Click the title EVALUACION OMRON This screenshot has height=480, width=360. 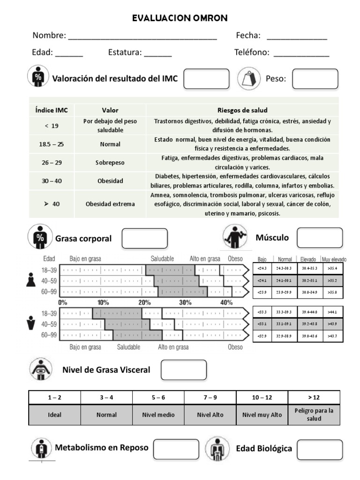(x=180, y=18)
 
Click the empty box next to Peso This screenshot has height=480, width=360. (x=315, y=79)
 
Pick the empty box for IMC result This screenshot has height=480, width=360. (x=206, y=79)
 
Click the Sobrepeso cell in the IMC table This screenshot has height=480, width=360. (x=110, y=163)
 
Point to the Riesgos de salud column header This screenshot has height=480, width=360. (x=242, y=111)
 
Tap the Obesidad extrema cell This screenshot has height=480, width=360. (x=110, y=204)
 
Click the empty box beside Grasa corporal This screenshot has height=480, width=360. (x=144, y=238)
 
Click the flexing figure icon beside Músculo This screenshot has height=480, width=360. (x=234, y=237)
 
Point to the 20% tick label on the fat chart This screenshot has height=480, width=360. (x=144, y=302)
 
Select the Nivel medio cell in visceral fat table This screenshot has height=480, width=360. (x=158, y=415)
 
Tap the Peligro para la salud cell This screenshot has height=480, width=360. (x=314, y=415)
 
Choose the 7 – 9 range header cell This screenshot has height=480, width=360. (x=210, y=397)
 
